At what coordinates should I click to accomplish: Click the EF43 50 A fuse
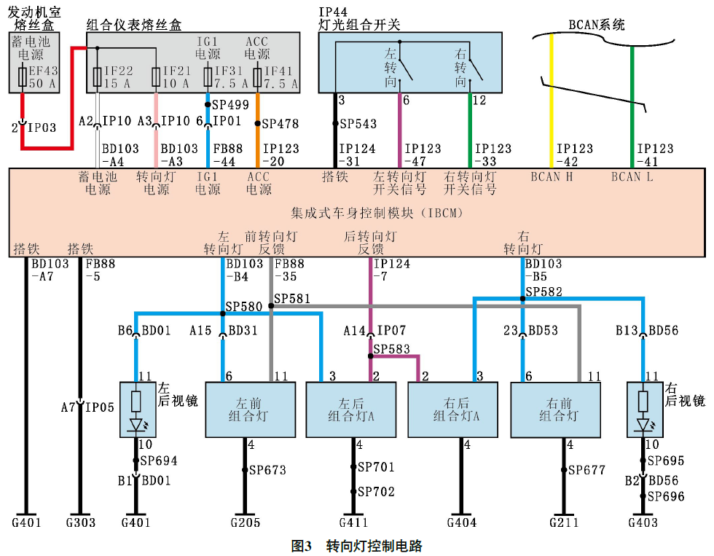click(x=24, y=77)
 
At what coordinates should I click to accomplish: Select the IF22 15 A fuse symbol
click(x=98, y=77)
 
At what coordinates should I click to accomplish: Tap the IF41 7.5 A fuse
click(x=258, y=77)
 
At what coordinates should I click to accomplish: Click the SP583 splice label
click(x=391, y=350)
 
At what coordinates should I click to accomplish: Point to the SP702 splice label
click(x=375, y=492)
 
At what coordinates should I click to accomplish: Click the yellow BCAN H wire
click(x=552, y=102)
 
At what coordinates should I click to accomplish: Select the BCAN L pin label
click(x=631, y=177)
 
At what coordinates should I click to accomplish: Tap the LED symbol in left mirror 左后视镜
click(x=136, y=423)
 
